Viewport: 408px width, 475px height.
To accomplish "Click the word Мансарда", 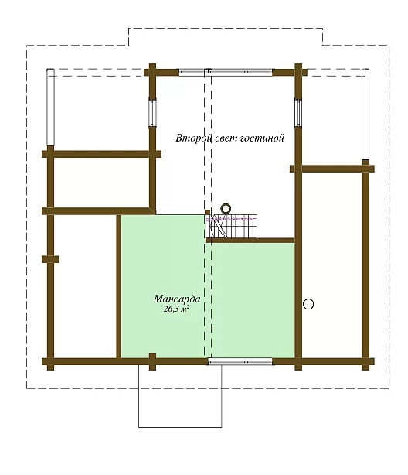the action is (x=177, y=299).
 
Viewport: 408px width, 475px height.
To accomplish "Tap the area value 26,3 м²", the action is (x=177, y=309).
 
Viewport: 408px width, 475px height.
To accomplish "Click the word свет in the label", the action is (x=226, y=138).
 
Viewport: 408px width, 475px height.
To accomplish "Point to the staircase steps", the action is (x=232, y=227).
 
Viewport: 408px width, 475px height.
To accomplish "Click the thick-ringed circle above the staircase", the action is (x=226, y=208).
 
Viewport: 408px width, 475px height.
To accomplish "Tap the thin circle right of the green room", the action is (x=308, y=304).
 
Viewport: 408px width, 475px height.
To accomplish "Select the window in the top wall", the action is (x=226, y=73).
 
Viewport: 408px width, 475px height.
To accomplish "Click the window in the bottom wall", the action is (x=240, y=362).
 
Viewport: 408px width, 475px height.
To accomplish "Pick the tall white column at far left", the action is (x=50, y=108).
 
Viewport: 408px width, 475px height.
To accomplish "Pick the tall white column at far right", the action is (x=365, y=114).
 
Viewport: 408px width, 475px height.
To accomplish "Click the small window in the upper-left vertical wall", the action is (x=152, y=113).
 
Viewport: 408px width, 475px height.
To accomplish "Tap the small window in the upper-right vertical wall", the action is (x=298, y=112).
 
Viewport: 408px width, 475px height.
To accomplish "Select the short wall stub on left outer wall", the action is (x=50, y=259).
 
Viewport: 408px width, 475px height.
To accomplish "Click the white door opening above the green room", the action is (x=180, y=212).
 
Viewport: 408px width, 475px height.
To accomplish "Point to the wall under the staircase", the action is (x=250, y=241).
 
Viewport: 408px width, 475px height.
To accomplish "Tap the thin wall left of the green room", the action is (x=119, y=286).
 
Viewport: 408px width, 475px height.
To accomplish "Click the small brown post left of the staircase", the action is (x=208, y=212).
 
